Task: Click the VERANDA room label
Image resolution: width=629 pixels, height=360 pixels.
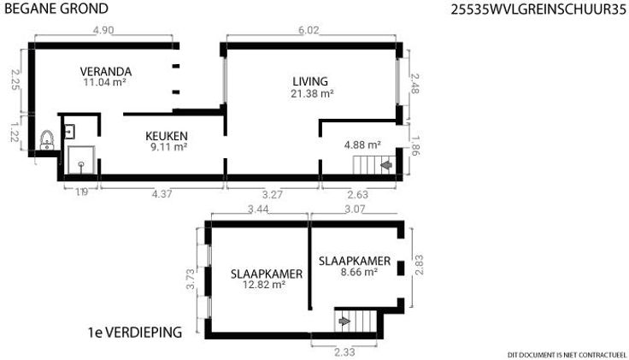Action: (x=106, y=72)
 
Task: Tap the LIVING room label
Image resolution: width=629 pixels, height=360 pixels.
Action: (x=310, y=81)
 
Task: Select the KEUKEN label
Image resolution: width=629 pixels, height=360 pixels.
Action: (x=167, y=136)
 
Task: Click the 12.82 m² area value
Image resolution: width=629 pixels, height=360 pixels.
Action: (x=264, y=285)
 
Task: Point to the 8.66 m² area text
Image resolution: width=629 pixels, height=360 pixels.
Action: (x=359, y=272)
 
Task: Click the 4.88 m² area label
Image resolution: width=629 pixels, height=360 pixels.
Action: (x=362, y=145)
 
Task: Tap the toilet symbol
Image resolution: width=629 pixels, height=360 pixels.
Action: (x=47, y=140)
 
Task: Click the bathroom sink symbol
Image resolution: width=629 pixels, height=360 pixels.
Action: (x=70, y=132)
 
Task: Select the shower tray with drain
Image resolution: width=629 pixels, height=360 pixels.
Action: (x=81, y=160)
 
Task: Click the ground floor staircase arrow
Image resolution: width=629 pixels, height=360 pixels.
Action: (x=386, y=164)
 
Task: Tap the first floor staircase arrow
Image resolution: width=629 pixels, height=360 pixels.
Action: (x=344, y=321)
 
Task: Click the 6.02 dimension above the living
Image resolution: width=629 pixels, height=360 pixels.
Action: (x=309, y=31)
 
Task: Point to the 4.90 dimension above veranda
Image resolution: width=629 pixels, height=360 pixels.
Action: (x=103, y=31)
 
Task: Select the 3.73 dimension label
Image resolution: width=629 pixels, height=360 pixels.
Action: (x=191, y=279)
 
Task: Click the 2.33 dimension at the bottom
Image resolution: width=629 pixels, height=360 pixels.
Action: (x=344, y=352)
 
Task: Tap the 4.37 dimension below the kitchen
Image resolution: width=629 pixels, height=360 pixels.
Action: (x=162, y=194)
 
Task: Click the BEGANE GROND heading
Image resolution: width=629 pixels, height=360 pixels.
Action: (x=56, y=9)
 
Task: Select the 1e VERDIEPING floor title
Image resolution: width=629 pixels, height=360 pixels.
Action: (x=135, y=333)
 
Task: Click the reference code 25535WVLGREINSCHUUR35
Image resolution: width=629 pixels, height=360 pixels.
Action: (x=538, y=9)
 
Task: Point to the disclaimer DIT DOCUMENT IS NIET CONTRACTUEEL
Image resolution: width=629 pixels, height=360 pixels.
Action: (x=567, y=355)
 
